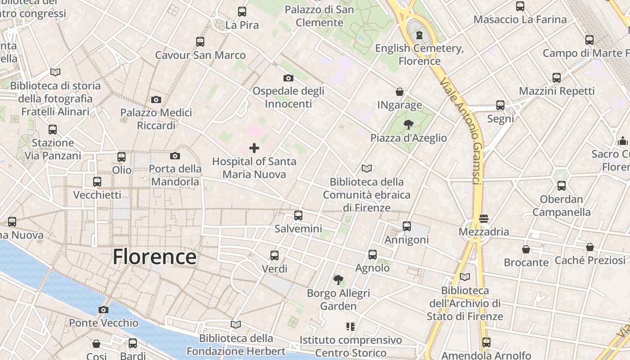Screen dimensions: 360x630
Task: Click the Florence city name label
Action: tap(154, 257)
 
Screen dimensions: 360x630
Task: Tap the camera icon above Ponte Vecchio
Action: tap(103, 310)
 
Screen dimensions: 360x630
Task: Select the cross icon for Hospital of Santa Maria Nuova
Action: tap(254, 148)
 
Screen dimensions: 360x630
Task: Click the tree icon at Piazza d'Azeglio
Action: tap(409, 125)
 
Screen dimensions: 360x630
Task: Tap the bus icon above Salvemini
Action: tap(298, 216)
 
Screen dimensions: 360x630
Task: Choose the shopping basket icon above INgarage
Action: tap(400, 92)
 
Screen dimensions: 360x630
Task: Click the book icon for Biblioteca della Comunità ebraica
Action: tap(367, 169)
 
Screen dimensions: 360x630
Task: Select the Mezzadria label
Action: tap(484, 232)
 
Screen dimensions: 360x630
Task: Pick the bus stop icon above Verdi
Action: tap(274, 256)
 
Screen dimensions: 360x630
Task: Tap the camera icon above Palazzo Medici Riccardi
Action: tap(156, 99)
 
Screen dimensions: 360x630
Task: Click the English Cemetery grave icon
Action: tap(420, 35)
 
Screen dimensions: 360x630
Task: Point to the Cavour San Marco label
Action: tap(200, 55)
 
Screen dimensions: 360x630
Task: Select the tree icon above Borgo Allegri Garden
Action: tap(338, 280)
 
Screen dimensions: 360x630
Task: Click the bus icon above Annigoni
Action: tap(407, 226)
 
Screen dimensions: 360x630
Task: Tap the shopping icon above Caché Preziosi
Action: tap(590, 247)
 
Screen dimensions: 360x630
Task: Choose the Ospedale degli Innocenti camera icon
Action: tap(288, 78)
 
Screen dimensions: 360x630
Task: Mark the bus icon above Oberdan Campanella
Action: tap(562, 186)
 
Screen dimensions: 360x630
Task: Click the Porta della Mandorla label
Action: tap(175, 175)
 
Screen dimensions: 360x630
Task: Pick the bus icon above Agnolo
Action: tap(373, 255)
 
